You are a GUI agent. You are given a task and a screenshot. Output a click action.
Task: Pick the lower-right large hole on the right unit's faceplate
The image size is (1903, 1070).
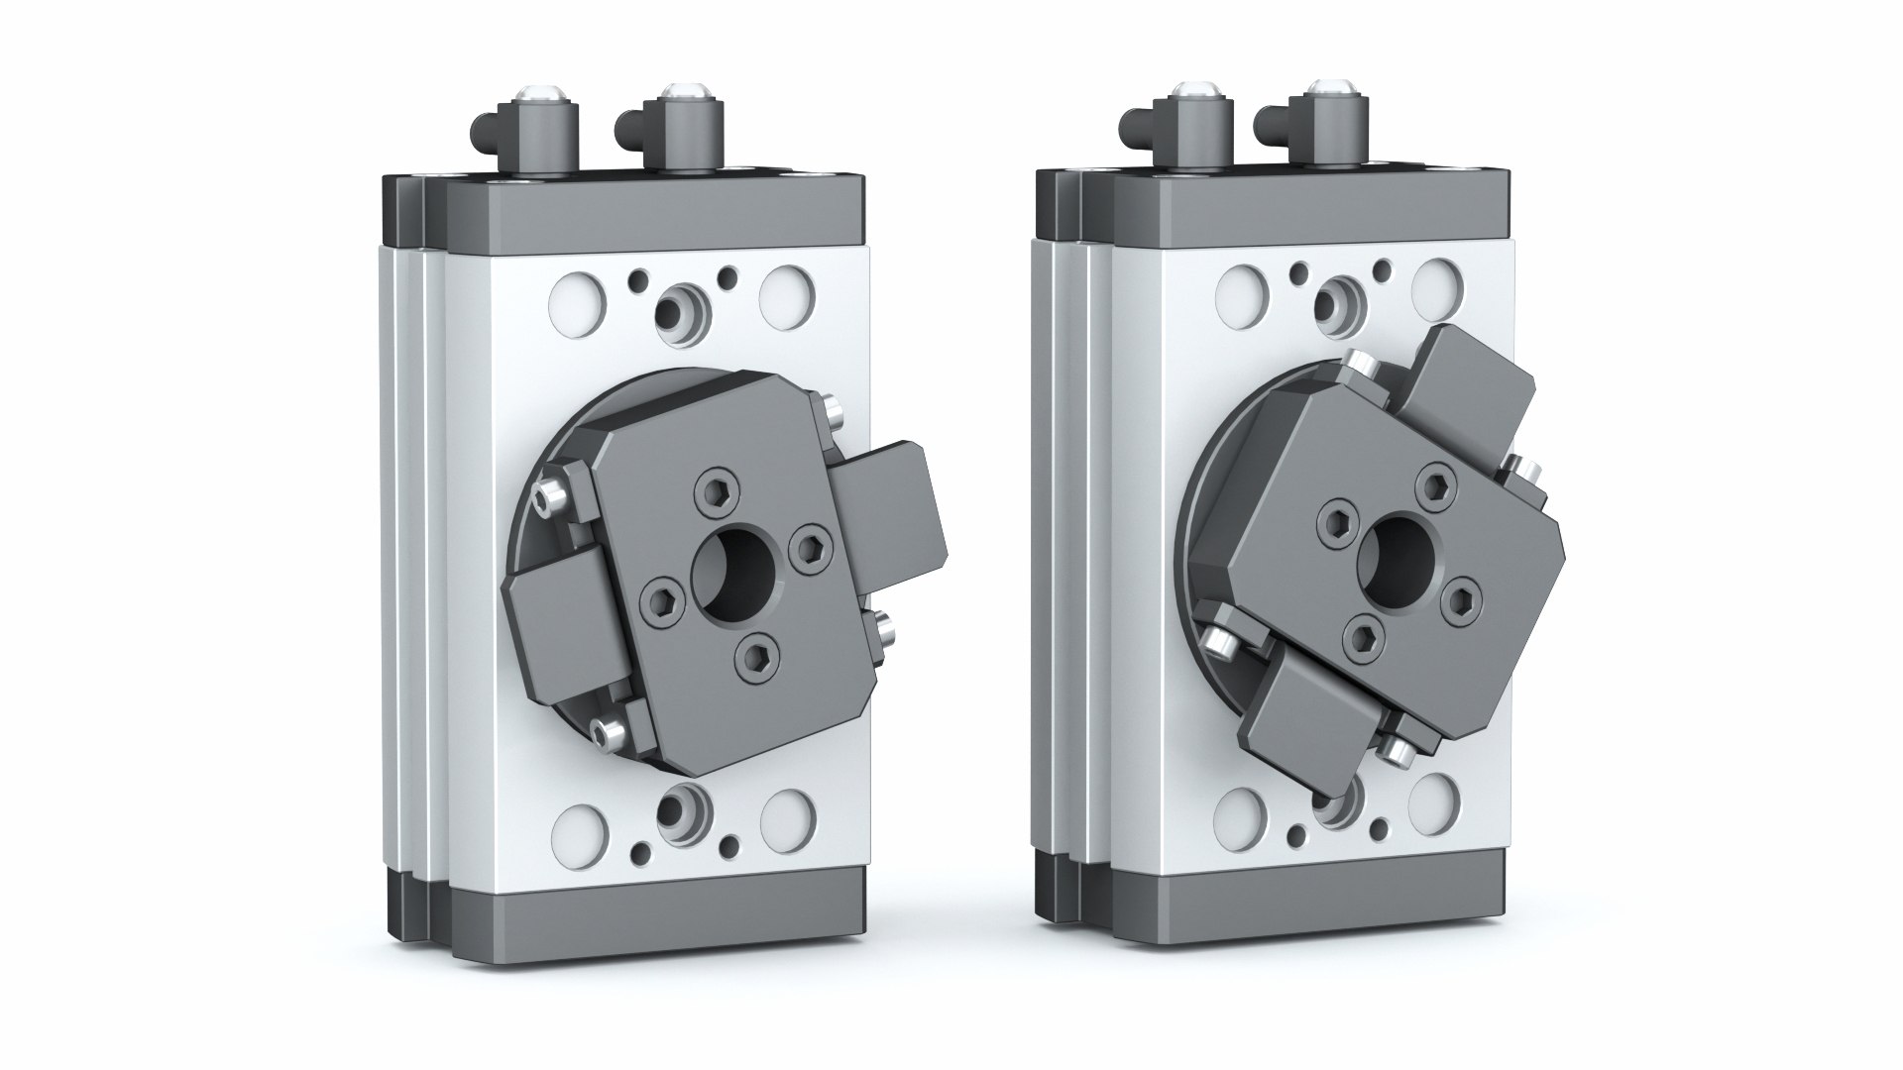click(x=1436, y=799)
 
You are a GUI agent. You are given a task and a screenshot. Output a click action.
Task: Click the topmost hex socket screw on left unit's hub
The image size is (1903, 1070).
click(x=713, y=486)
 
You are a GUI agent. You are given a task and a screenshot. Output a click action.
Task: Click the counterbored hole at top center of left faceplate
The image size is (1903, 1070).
click(x=681, y=310)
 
